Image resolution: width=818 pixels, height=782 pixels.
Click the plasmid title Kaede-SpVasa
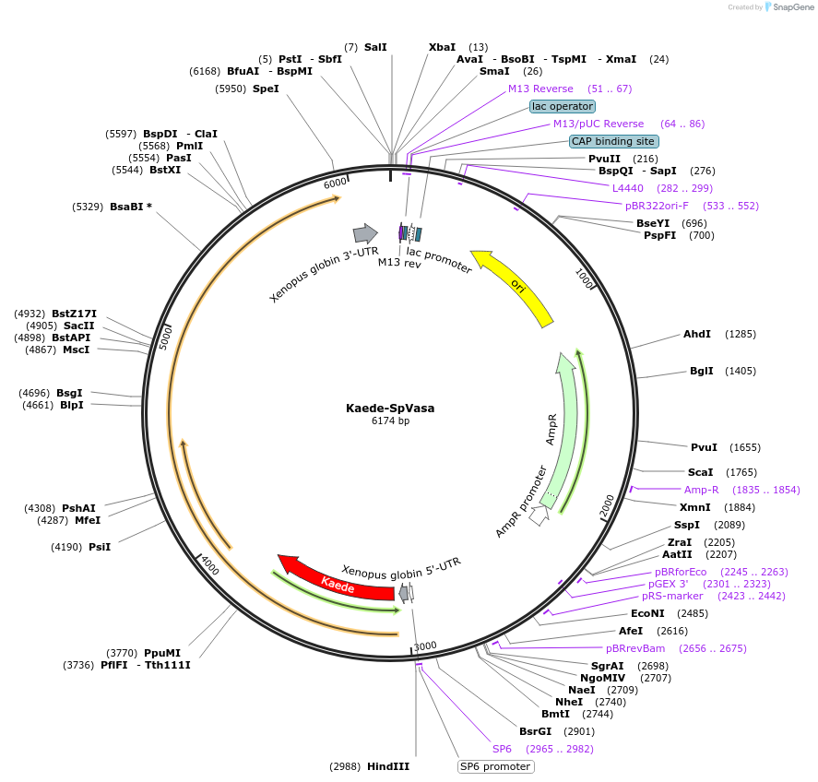click(x=390, y=408)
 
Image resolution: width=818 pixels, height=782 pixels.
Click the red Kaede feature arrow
click(x=337, y=580)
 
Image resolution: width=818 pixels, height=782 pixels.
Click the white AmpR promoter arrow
click(x=539, y=515)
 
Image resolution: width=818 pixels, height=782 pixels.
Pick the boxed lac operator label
click(x=562, y=106)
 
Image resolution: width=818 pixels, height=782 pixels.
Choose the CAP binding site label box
click(x=613, y=141)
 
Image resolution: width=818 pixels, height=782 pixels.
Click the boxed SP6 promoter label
click(x=495, y=766)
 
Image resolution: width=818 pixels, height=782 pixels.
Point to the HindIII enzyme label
click(x=387, y=766)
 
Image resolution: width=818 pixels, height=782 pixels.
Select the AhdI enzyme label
click(x=697, y=334)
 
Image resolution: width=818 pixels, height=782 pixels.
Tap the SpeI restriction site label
click(x=266, y=89)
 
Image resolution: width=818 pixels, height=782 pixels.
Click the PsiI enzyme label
click(x=100, y=547)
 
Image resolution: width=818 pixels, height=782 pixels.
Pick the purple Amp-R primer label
click(x=701, y=490)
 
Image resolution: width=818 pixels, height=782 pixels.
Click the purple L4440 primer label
click(x=628, y=188)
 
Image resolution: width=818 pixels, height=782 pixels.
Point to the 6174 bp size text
click(x=390, y=421)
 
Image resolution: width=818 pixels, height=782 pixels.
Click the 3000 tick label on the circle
click(x=425, y=646)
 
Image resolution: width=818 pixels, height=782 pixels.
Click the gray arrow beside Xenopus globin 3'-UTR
click(x=365, y=233)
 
